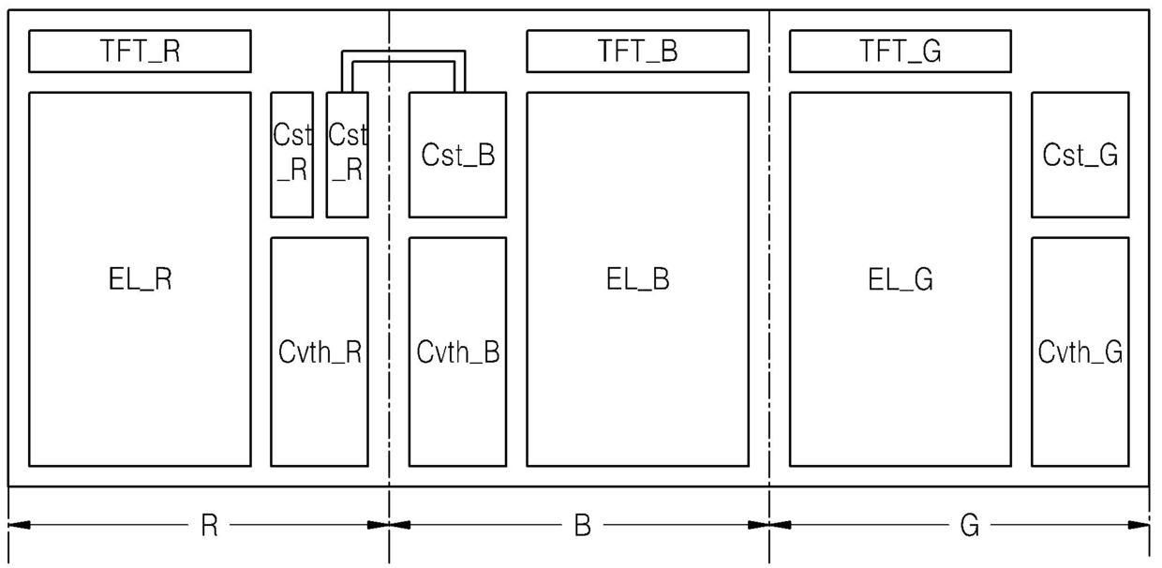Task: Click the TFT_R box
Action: [x=140, y=51]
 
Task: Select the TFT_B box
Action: [x=637, y=51]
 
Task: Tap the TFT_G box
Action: [x=900, y=51]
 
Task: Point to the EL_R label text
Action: [x=140, y=279]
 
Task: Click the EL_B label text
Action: [x=637, y=279]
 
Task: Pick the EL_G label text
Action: [x=900, y=279]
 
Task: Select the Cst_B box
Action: [x=457, y=155]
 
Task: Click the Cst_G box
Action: [x=1080, y=155]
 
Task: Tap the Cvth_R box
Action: [x=320, y=351]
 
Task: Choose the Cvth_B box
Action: [x=457, y=351]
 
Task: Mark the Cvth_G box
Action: [x=1080, y=351]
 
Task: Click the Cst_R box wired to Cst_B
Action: [x=347, y=155]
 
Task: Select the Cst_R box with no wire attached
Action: [x=291, y=155]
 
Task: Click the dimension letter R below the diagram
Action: [x=209, y=525]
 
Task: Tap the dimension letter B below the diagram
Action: [x=582, y=525]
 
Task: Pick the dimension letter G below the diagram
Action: [x=969, y=525]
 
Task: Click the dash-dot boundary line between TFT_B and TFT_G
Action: [x=769, y=286]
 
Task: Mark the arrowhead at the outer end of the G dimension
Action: [x=1140, y=525]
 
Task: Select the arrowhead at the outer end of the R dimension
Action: [x=19, y=525]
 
